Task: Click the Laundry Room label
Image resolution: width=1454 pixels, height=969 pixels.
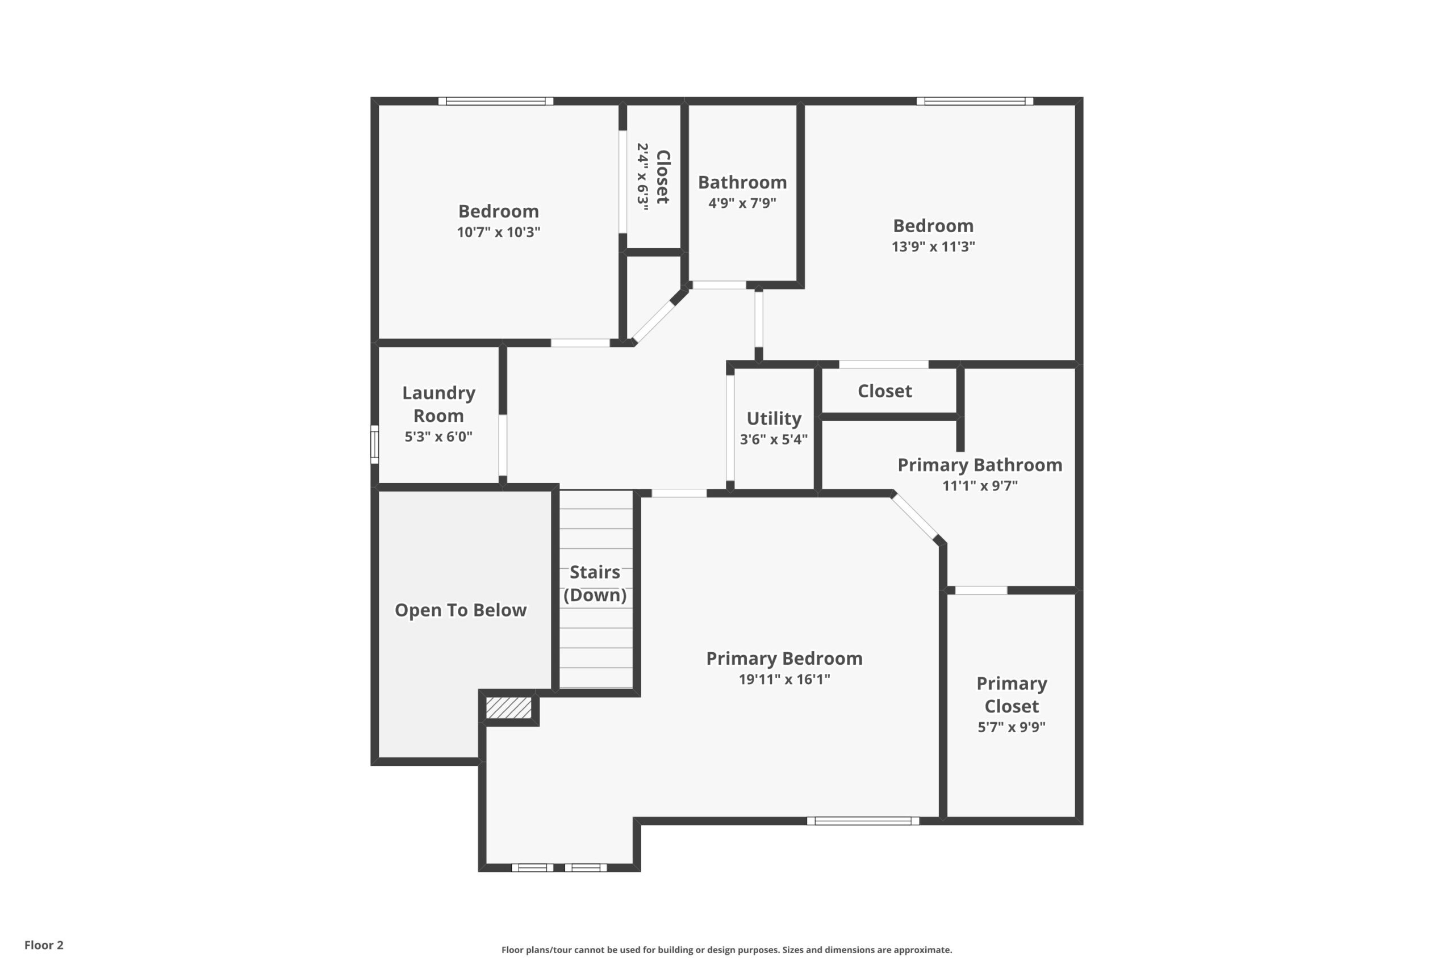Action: [x=438, y=404]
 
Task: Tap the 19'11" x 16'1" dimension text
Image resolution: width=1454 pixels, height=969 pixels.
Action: [x=784, y=679]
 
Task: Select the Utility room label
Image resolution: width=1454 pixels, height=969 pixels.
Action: [x=774, y=418]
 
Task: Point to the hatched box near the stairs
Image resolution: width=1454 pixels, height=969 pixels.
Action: [x=508, y=708]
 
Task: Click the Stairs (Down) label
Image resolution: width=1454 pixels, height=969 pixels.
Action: [x=595, y=584]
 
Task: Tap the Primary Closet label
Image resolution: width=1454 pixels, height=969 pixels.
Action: [x=1012, y=695]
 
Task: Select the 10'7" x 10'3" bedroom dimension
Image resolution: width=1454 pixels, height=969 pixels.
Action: [x=498, y=232]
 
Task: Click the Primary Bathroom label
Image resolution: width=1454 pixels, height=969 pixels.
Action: [x=980, y=465]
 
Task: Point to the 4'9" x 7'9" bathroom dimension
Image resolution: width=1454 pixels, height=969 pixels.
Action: [x=742, y=203]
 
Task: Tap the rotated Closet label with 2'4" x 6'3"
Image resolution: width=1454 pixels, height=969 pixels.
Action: [x=653, y=177]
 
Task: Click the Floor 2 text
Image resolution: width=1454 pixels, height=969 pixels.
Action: [x=44, y=945]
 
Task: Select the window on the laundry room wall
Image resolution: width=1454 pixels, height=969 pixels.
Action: [x=375, y=444]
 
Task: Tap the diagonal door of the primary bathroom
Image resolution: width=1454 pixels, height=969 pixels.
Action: [x=916, y=517]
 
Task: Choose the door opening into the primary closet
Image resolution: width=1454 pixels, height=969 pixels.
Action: [x=981, y=590]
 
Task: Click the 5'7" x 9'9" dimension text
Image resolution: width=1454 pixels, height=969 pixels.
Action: [x=1012, y=727]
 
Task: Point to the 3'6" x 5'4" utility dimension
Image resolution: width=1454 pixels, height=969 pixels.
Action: [x=774, y=439]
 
